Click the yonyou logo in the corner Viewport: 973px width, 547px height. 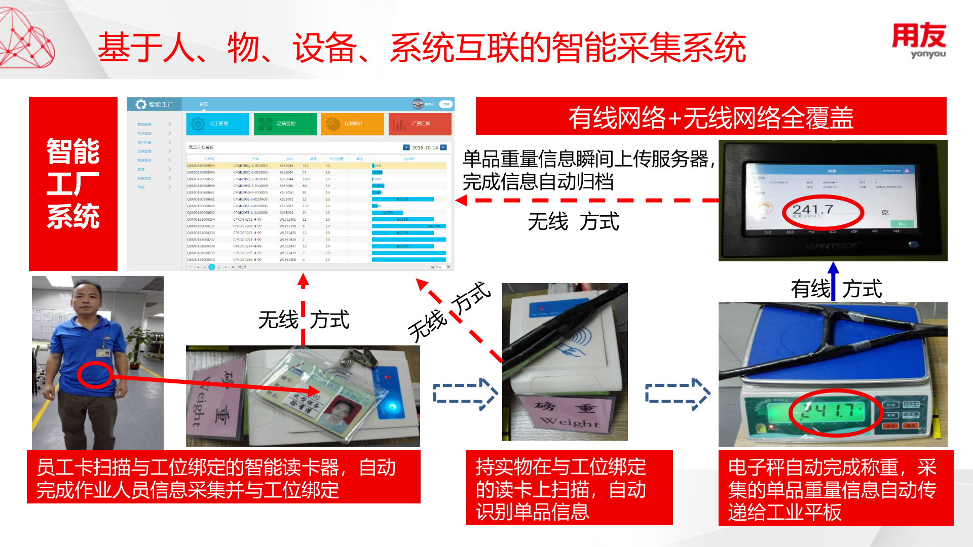(x=918, y=41)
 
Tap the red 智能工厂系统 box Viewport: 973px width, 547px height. (x=73, y=184)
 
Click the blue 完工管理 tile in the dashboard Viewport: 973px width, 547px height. (x=217, y=124)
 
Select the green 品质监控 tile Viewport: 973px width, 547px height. (x=285, y=124)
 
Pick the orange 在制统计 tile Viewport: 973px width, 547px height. (x=352, y=124)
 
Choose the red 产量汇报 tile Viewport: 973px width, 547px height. (x=420, y=124)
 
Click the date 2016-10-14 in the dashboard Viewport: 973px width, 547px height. (x=425, y=148)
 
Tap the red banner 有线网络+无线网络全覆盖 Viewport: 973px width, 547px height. (x=710, y=116)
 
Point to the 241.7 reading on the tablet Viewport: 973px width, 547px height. (x=813, y=210)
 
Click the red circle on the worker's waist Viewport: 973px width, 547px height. (x=95, y=375)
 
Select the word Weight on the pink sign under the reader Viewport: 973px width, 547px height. (x=570, y=421)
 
